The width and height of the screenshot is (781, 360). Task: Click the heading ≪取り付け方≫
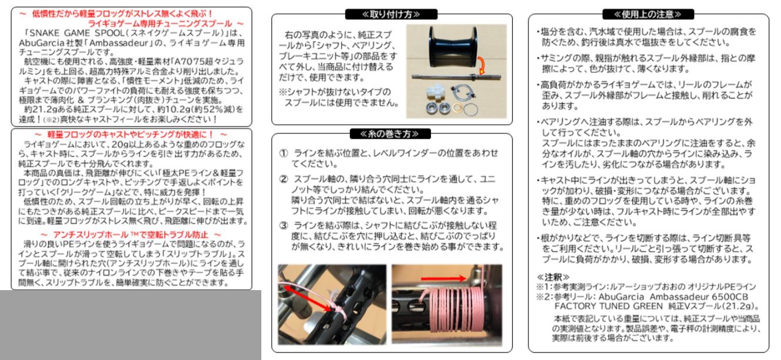click(392, 14)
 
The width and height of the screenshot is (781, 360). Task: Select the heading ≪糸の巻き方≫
click(392, 134)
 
